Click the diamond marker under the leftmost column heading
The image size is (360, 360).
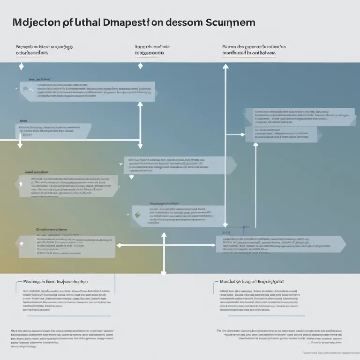(x=21, y=67)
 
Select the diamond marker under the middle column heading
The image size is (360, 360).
(x=140, y=66)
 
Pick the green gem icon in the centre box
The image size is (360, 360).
(x=137, y=214)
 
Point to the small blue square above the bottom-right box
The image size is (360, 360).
(x=243, y=229)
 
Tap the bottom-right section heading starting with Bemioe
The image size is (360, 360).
(x=251, y=282)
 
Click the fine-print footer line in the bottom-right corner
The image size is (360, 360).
(x=328, y=353)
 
